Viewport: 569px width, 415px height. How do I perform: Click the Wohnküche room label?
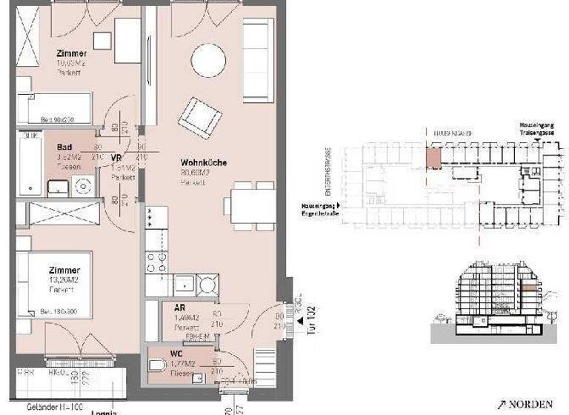pos(204,162)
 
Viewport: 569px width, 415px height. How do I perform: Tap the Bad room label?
pos(64,147)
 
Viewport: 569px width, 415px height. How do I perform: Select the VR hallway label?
pos(116,158)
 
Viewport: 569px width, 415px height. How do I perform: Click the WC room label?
pos(176,353)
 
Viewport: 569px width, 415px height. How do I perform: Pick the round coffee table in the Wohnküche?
pos(208,60)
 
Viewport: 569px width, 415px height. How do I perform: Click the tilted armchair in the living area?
pos(199,116)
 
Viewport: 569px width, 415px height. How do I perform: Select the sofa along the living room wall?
pos(258,59)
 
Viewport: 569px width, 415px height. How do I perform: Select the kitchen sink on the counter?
pos(183,284)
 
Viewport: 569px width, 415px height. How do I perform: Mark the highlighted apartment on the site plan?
pos(433,158)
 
